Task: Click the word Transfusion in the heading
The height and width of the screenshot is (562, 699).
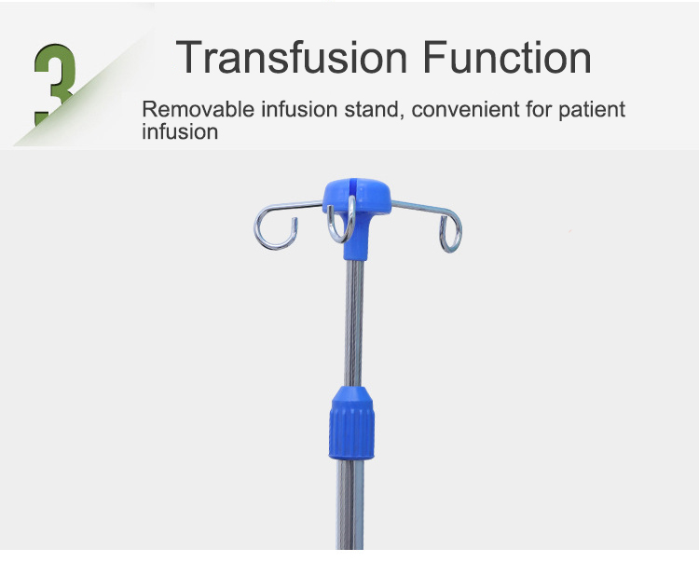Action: pos(292,57)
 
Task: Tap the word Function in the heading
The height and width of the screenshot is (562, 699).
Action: pos(507,57)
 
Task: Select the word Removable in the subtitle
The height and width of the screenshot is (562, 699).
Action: pos(198,109)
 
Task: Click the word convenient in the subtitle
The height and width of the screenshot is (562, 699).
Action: pos(465,110)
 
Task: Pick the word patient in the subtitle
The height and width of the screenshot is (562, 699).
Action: pos(592,110)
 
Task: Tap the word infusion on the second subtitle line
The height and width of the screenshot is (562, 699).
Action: pos(180,132)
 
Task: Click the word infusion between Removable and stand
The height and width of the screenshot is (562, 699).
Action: pos(299,109)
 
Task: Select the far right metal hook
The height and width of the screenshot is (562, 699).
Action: pos(451,232)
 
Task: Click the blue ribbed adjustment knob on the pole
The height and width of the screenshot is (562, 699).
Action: pos(351,423)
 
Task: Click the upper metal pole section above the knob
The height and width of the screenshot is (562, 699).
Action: pos(354,323)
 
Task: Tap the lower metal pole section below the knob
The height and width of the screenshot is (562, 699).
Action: pos(349,504)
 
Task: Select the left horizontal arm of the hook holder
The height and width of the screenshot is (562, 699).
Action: pos(295,206)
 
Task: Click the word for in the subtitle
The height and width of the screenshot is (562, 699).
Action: pos(539,109)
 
